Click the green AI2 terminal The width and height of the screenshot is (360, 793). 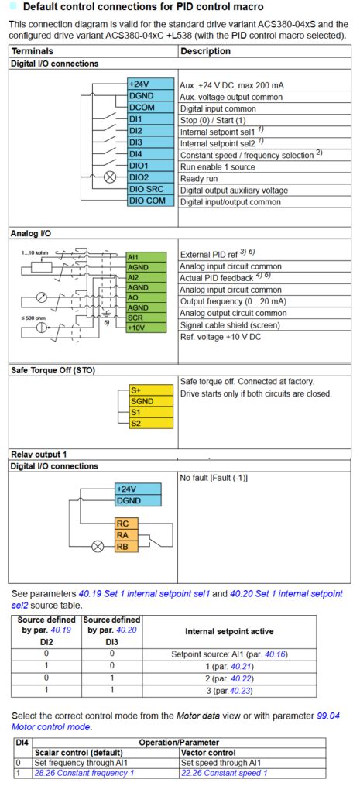[x=145, y=277]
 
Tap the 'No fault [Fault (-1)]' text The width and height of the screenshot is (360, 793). [x=214, y=478]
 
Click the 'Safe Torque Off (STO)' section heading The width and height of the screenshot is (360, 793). [x=53, y=369]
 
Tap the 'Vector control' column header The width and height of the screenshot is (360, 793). [x=210, y=752]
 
